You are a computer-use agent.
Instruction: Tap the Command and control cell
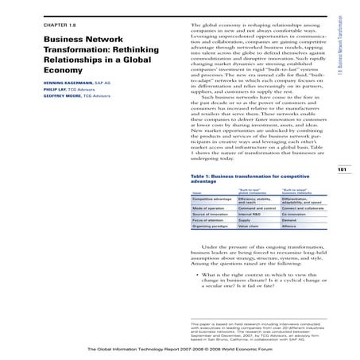coord(257,210)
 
